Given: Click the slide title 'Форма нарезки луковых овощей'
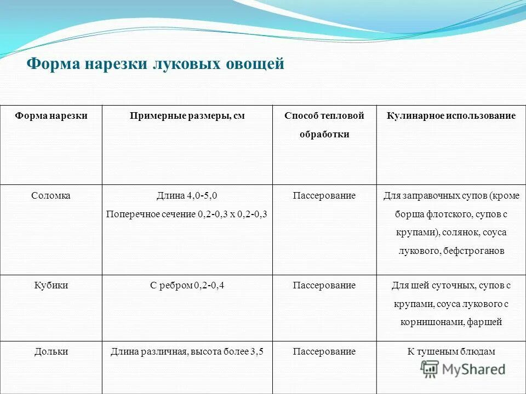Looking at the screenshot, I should click(x=156, y=64).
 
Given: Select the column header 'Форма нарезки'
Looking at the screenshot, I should click(x=51, y=116).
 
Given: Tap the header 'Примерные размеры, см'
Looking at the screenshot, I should click(x=187, y=116).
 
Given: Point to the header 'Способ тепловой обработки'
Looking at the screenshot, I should click(x=324, y=125).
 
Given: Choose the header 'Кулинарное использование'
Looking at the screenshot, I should click(x=451, y=116).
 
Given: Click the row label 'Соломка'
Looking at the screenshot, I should click(x=51, y=195).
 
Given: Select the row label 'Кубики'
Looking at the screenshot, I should click(x=51, y=285).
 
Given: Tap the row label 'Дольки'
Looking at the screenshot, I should click(x=51, y=351).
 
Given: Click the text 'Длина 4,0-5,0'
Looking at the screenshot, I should click(x=187, y=195).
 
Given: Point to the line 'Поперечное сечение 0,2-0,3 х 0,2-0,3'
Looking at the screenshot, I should click(x=187, y=214).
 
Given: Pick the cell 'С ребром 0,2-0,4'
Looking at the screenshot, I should click(x=187, y=285).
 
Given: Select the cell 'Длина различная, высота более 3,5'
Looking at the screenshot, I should click(x=187, y=351).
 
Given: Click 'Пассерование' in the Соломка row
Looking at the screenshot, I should click(x=324, y=195).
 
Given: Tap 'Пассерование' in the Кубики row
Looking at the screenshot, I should click(x=324, y=285).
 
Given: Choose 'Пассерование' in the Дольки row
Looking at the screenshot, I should click(x=324, y=351).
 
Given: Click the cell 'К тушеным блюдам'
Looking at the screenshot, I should click(x=451, y=351).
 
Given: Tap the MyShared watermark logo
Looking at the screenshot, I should click(x=463, y=369).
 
